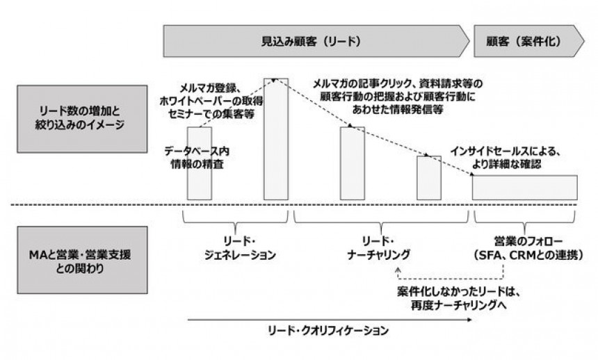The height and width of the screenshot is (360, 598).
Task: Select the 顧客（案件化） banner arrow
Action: [x=528, y=41]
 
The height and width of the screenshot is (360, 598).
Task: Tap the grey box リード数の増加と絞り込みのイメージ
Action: [x=82, y=119]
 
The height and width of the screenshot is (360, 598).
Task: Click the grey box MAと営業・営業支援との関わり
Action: [x=82, y=260]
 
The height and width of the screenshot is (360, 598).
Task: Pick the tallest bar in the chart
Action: [x=276, y=139]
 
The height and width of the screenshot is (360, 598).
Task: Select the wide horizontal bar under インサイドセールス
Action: [x=525, y=188]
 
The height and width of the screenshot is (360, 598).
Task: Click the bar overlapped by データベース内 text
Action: [x=199, y=163]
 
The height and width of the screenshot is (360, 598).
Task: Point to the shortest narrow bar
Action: [x=429, y=178]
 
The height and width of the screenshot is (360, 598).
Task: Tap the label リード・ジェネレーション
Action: [x=240, y=248]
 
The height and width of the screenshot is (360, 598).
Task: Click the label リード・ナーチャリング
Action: [x=378, y=248]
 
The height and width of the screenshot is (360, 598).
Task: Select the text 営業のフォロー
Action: [x=528, y=241]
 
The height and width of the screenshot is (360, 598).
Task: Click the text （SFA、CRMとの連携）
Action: [x=528, y=255]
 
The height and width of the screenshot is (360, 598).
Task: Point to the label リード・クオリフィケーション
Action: [x=328, y=330]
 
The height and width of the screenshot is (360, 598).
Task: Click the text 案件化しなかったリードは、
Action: [x=459, y=292]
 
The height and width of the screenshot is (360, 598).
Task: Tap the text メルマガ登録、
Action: [x=211, y=88]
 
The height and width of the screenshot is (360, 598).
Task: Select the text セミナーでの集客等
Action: [x=211, y=114]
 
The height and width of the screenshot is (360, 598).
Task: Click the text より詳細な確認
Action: [x=506, y=165]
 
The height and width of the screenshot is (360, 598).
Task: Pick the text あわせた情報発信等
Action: [x=398, y=109]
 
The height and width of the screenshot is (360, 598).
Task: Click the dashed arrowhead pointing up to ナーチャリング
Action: [x=398, y=270]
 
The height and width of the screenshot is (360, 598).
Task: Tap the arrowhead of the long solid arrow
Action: [x=469, y=320]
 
